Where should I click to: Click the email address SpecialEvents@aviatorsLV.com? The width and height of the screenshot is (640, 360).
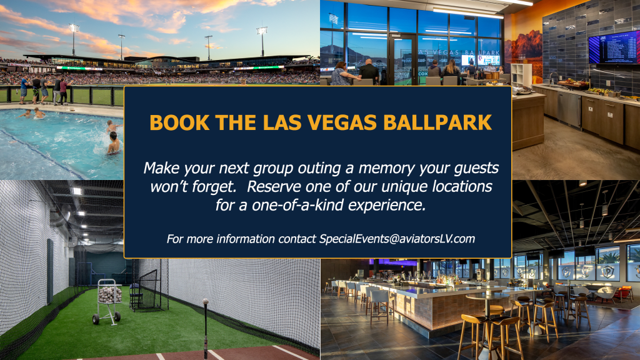tap(397, 238)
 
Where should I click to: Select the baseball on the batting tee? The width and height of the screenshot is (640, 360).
tap(205, 302)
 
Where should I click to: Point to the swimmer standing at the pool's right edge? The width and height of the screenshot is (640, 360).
tap(113, 145)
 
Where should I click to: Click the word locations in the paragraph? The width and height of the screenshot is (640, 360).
tap(461, 186)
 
